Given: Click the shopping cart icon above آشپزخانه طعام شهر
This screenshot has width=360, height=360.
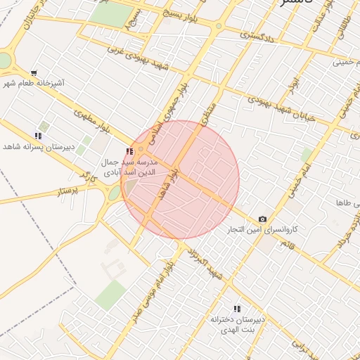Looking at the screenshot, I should [34, 73].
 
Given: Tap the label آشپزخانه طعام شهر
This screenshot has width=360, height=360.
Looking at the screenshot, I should [33, 84].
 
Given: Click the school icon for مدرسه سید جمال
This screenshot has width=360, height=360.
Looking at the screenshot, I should [128, 151].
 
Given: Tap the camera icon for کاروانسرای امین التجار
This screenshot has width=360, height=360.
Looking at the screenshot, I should [262, 219].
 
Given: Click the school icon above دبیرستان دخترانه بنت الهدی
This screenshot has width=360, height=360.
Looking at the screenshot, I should [236, 309].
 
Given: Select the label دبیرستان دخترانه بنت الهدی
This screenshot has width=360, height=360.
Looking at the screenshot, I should [237, 324].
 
